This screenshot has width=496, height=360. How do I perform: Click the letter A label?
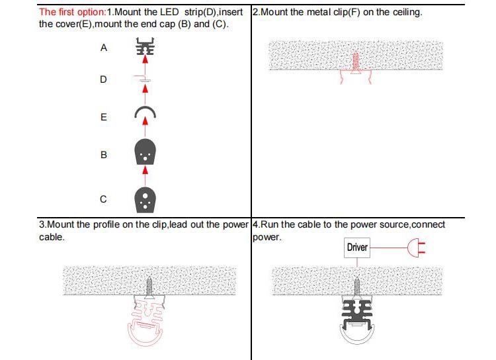(103, 48)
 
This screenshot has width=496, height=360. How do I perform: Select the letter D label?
(103, 79)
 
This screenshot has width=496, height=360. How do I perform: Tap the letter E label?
(103, 117)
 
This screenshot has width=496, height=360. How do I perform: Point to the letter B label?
(103, 155)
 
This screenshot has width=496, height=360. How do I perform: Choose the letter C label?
(103, 199)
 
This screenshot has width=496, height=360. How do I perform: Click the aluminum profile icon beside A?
(145, 48)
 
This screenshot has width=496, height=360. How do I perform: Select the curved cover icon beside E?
(145, 113)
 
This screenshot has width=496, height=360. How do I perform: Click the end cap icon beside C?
(145, 198)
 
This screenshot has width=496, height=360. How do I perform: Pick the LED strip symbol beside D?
(145, 78)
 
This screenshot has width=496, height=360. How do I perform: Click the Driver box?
(357, 248)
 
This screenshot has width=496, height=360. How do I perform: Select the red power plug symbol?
(415, 248)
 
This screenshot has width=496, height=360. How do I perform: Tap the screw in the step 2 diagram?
(354, 64)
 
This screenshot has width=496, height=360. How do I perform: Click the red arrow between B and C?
(145, 175)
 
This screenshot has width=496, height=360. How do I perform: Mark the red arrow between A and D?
(145, 64)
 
